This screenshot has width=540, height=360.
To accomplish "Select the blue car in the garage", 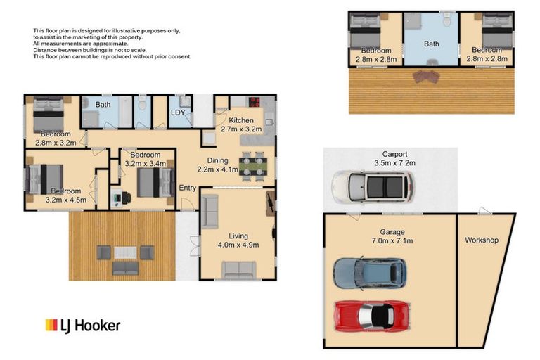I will click(369, 274).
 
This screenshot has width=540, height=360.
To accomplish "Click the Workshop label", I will click(482, 240).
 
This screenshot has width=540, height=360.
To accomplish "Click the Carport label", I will click(394, 154).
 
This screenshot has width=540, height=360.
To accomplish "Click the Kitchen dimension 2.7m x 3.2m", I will click(240, 129).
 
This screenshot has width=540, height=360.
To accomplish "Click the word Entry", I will click(188, 188).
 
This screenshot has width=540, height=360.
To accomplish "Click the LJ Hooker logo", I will click(83, 325).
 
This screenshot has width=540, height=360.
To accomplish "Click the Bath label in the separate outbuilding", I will click(431, 44).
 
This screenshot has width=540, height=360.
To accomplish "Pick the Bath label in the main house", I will click(103, 105).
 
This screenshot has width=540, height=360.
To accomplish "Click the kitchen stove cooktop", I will click(253, 100).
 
